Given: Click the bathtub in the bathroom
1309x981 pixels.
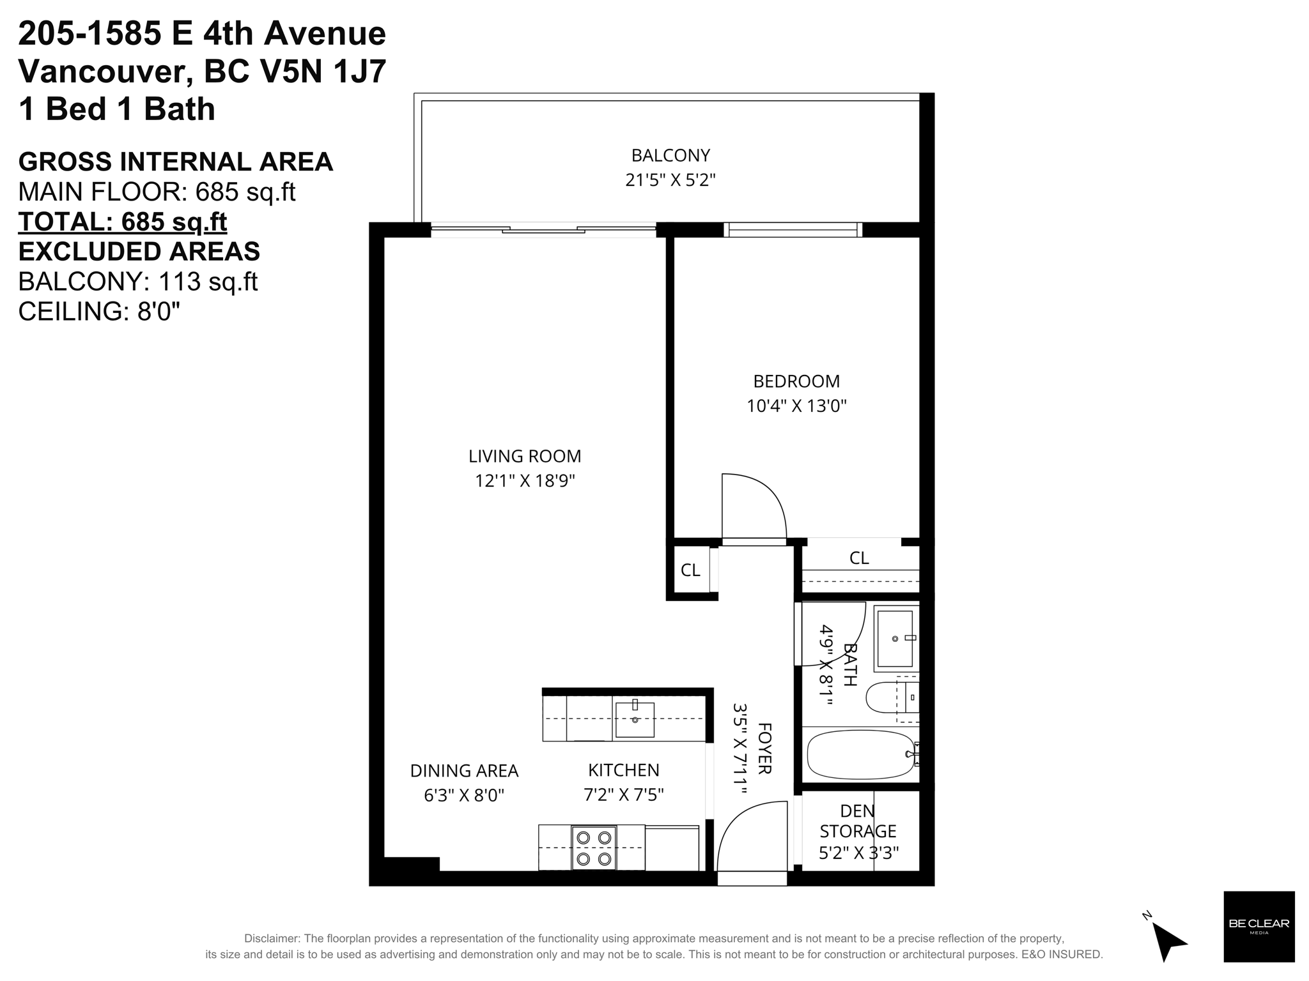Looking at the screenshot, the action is pos(861,754).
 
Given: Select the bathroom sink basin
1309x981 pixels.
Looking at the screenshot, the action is pos(895,637).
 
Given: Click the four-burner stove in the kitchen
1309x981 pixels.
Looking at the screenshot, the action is pos(594,848).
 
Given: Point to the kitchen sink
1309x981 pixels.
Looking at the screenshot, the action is pos(634,720).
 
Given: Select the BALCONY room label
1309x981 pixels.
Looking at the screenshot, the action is pos(670,155).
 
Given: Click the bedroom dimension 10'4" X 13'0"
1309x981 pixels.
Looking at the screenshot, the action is pos(796,406).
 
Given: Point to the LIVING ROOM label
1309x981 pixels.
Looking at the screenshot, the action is pos(525,456).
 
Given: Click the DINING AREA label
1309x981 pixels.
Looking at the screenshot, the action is pos(464,771).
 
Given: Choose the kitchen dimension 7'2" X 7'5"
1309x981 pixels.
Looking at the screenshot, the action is pos(624,795).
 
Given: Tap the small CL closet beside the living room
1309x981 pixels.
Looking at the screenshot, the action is pos(690,570).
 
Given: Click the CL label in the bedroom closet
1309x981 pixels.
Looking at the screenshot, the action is pos(859,558).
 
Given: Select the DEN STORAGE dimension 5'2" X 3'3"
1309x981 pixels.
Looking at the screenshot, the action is pos(858,853).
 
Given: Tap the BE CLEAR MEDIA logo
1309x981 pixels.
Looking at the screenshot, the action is pos(1259,926).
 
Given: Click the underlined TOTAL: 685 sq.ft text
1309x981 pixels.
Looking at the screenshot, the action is pos(123,222).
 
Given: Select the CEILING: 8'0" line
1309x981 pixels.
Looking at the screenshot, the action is pos(99,311).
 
